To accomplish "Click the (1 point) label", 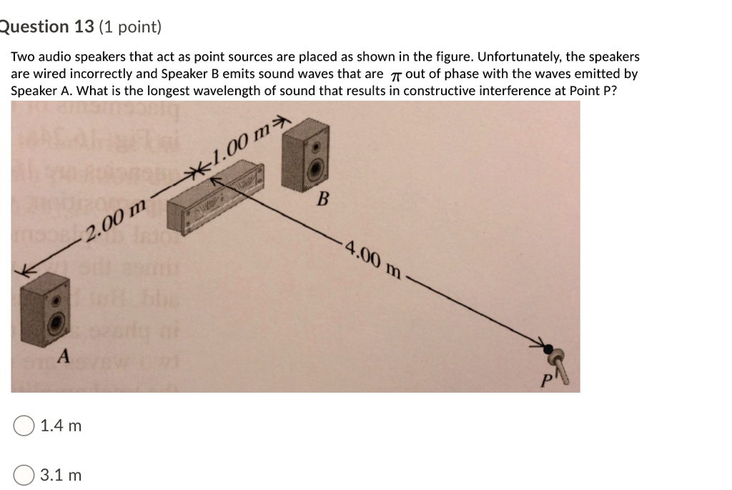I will (x=131, y=27).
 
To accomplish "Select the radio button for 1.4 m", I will (x=24, y=426).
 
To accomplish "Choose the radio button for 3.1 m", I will (x=24, y=475).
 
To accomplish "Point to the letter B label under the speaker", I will (x=322, y=199).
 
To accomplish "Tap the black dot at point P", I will (x=548, y=350).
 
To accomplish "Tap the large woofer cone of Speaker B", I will (x=315, y=169).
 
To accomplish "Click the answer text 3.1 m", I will (x=61, y=475).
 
